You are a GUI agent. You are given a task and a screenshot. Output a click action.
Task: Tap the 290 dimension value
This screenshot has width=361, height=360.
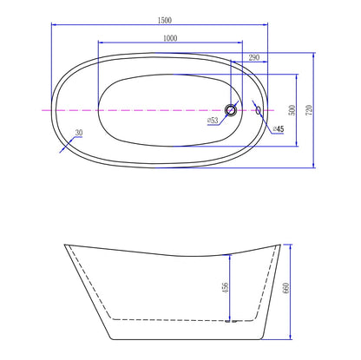(x=253, y=56)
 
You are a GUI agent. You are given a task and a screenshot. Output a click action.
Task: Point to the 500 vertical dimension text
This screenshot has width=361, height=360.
(x=292, y=109)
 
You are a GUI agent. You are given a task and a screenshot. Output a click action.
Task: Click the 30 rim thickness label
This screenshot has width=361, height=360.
(x=79, y=133)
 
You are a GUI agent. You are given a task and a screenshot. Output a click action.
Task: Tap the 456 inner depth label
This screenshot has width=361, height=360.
(x=226, y=286)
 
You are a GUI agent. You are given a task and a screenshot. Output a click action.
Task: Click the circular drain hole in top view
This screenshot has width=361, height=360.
(x=231, y=110)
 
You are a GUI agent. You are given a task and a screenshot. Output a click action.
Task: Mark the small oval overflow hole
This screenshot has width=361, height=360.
(x=257, y=110)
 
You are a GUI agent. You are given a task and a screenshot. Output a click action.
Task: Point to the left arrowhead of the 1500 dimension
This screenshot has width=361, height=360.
(x=54, y=25)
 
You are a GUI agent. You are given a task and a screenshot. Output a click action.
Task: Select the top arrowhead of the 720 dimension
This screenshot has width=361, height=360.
(x=312, y=54)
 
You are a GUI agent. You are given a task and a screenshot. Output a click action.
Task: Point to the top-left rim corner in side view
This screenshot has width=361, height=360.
(x=66, y=245)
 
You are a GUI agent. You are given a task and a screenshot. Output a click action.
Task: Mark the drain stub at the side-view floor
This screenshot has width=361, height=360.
(x=229, y=321)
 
